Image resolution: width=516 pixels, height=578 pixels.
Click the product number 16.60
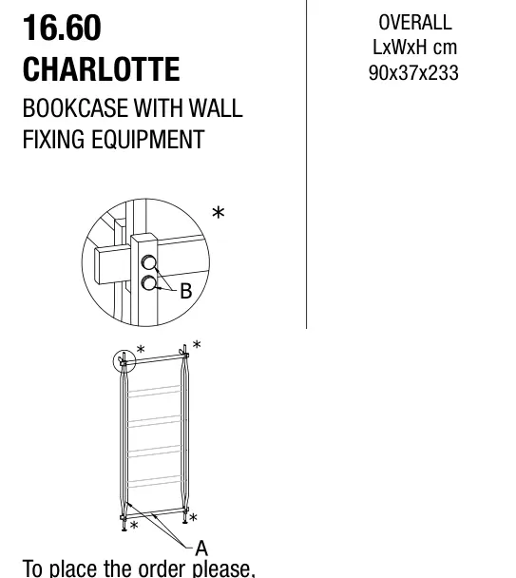[62, 28]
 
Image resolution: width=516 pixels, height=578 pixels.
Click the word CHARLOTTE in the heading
[102, 69]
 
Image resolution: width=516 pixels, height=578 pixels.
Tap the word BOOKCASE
[75, 108]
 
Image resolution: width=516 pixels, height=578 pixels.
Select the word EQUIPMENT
[147, 140]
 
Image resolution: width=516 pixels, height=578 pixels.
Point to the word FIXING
[53, 140]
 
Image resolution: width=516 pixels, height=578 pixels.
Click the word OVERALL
[415, 23]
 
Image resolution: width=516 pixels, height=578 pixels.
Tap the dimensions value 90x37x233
[413, 73]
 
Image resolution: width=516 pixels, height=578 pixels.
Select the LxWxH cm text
[414, 48]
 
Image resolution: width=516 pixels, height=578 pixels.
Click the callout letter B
[186, 291]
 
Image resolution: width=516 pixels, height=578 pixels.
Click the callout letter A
[201, 549]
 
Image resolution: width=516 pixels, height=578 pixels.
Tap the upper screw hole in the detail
[149, 262]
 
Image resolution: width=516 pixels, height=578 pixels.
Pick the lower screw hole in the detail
[149, 283]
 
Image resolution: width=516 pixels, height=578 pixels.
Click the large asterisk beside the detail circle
[219, 213]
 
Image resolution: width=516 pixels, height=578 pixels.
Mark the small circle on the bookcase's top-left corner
[124, 361]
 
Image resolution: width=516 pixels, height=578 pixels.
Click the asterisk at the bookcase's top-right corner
[197, 344]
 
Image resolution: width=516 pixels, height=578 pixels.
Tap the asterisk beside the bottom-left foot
[134, 525]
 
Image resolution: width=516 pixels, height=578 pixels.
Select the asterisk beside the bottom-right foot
[193, 517]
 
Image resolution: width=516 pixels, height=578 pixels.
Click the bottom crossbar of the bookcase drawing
[155, 512]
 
